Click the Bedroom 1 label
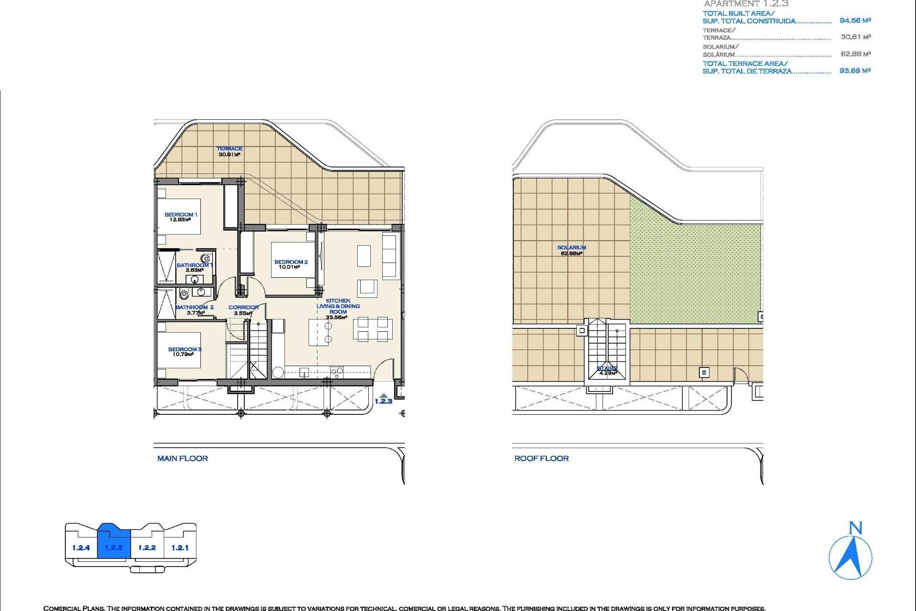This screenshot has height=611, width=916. (x=180, y=215)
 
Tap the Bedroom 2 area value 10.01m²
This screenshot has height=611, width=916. (x=289, y=267)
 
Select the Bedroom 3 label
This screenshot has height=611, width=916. (x=185, y=349)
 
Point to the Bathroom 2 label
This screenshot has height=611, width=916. (x=195, y=307)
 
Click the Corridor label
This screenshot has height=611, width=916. (x=243, y=307)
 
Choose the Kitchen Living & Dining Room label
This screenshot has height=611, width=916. (x=338, y=306)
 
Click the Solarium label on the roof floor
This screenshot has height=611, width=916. (x=572, y=248)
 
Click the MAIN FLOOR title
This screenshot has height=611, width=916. (x=183, y=459)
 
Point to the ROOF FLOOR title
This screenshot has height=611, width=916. (x=541, y=459)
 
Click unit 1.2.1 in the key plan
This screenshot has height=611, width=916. (x=180, y=548)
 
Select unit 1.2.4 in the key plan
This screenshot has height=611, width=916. (x=81, y=548)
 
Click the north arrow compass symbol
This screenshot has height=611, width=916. (x=850, y=556)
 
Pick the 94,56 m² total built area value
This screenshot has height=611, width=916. (x=855, y=21)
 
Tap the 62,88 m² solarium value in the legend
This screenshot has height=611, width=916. (x=855, y=54)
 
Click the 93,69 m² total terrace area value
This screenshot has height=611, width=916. (x=855, y=71)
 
